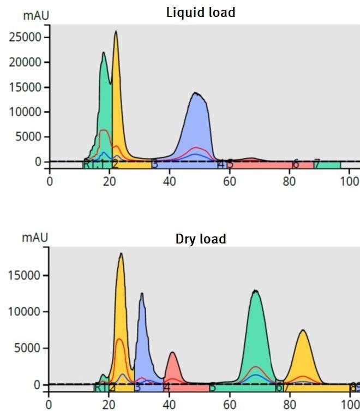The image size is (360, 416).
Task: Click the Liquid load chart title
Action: [201, 12]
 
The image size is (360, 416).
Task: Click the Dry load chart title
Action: [201, 239]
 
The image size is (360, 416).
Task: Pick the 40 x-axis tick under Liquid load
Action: [169, 181]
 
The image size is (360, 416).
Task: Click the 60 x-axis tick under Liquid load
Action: [230, 181]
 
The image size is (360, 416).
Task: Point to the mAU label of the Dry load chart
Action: [35, 237]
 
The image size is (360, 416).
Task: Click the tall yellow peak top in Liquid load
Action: [116, 34]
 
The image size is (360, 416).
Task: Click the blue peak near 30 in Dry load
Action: [142, 328]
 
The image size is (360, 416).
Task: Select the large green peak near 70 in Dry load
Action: [255, 328]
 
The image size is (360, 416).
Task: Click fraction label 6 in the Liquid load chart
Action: [295, 164]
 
